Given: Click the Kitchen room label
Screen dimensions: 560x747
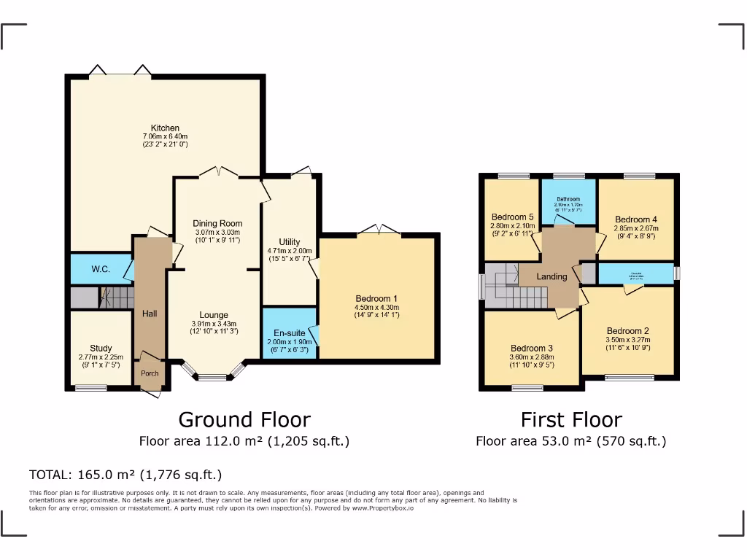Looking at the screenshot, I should tap(165, 128).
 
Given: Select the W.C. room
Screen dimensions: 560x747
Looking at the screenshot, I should tap(101, 269).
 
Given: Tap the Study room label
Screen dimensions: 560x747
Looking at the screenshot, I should tap(101, 349).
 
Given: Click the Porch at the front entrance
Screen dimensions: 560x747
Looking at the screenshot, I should tap(150, 373).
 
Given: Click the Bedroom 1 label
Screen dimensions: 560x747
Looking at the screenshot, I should tap(376, 298).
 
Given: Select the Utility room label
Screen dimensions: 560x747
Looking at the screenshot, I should tap(290, 242).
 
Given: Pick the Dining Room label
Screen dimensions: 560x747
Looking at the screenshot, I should tap(217, 223).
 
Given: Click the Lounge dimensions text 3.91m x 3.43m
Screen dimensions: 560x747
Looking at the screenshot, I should tap(214, 324).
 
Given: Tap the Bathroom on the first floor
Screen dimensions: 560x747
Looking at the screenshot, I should tap(568, 199).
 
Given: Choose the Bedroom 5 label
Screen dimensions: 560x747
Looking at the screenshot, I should tap(513, 217).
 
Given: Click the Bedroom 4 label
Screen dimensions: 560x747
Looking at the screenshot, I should tap(636, 219).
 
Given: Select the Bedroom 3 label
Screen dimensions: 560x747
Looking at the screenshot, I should tap(532, 349).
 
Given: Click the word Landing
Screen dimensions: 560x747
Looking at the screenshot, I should tap(551, 277).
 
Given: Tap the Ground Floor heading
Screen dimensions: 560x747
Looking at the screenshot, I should tap(244, 420).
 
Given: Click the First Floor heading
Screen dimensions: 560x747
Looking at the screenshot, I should tap(570, 420).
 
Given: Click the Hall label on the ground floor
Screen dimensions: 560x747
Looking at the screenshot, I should tap(150, 314).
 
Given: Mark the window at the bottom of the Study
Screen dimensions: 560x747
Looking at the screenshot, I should tap(91, 388).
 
